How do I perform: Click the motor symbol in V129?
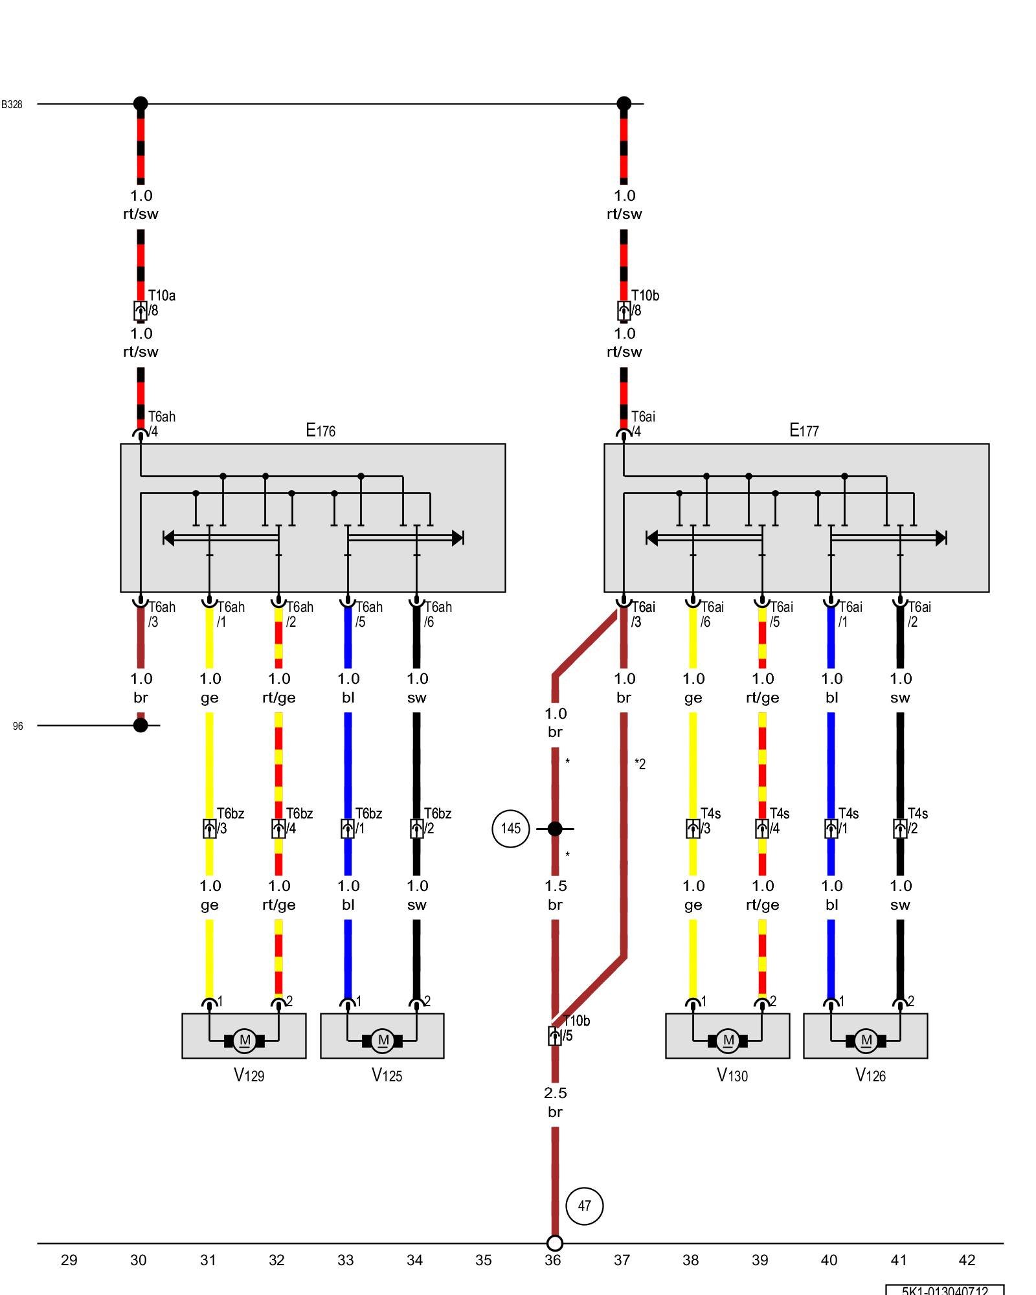pyautogui.click(x=245, y=1041)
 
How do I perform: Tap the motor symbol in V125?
pyautogui.click(x=383, y=1041)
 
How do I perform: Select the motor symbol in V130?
pyautogui.click(x=728, y=1041)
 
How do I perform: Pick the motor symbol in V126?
pyautogui.click(x=866, y=1041)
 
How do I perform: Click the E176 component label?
pyautogui.click(x=321, y=430)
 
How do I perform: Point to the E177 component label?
pyautogui.click(x=804, y=430)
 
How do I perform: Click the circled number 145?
pyautogui.click(x=511, y=828)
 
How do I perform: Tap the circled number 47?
pyautogui.click(x=584, y=1206)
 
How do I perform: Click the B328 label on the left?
pyautogui.click(x=12, y=104)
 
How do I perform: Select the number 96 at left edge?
pyautogui.click(x=17, y=726)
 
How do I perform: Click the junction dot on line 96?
pyautogui.click(x=141, y=725)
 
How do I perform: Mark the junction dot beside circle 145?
pyautogui.click(x=555, y=828)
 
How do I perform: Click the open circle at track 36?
pyautogui.click(x=555, y=1243)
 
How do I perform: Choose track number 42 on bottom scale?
pyautogui.click(x=966, y=1260)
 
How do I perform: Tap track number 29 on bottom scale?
pyautogui.click(x=69, y=1260)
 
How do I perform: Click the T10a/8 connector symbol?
pyautogui.click(x=140, y=311)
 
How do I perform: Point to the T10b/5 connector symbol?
pyautogui.click(x=555, y=1036)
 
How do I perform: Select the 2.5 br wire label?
pyautogui.click(x=555, y=1102)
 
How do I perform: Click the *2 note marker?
pyautogui.click(x=640, y=764)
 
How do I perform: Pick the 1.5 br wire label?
pyautogui.click(x=555, y=895)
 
